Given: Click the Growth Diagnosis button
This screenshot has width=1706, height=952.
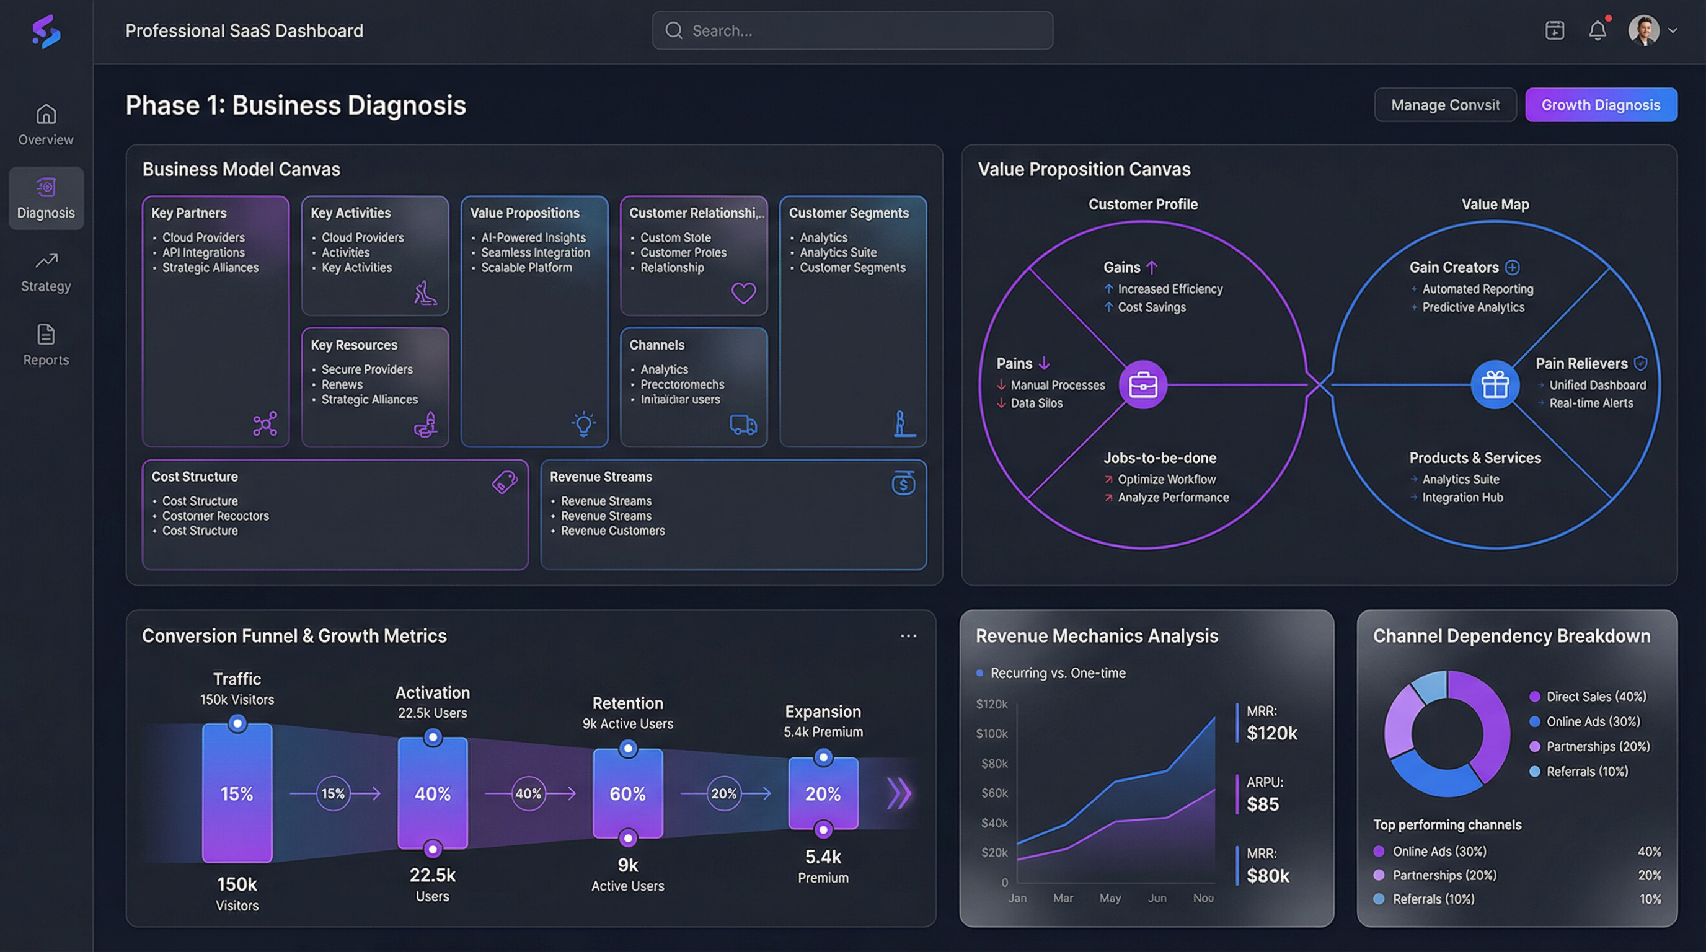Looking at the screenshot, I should (1600, 105).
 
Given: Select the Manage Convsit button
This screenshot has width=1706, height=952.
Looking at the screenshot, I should (1444, 105).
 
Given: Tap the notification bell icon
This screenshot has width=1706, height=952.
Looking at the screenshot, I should (1597, 30).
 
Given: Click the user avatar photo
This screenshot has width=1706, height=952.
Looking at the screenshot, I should (1643, 30).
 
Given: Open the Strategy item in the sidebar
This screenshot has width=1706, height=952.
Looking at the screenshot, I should (46, 271).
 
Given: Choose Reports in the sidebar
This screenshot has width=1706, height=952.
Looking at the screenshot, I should (46, 345).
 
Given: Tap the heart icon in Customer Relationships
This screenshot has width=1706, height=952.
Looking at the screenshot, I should (743, 293).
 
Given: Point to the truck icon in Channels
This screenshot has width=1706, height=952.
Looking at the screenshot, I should (743, 425).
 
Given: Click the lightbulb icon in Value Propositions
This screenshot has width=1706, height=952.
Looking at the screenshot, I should (583, 424).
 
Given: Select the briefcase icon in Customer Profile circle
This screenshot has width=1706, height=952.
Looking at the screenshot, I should (1142, 385).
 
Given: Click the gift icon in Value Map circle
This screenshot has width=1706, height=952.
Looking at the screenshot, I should (1494, 385).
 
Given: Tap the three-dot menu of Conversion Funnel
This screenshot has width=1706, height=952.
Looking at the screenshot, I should (908, 635).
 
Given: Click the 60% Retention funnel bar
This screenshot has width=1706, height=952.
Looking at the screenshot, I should (627, 793).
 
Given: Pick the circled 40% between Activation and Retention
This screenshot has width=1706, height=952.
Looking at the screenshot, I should (528, 793).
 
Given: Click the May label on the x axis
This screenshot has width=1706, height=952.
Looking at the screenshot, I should (1110, 897).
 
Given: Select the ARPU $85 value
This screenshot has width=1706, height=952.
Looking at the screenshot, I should (1262, 804).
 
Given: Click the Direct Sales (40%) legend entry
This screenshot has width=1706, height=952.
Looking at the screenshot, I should (1596, 697).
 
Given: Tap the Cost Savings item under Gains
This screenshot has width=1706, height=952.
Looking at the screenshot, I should (1151, 307).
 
